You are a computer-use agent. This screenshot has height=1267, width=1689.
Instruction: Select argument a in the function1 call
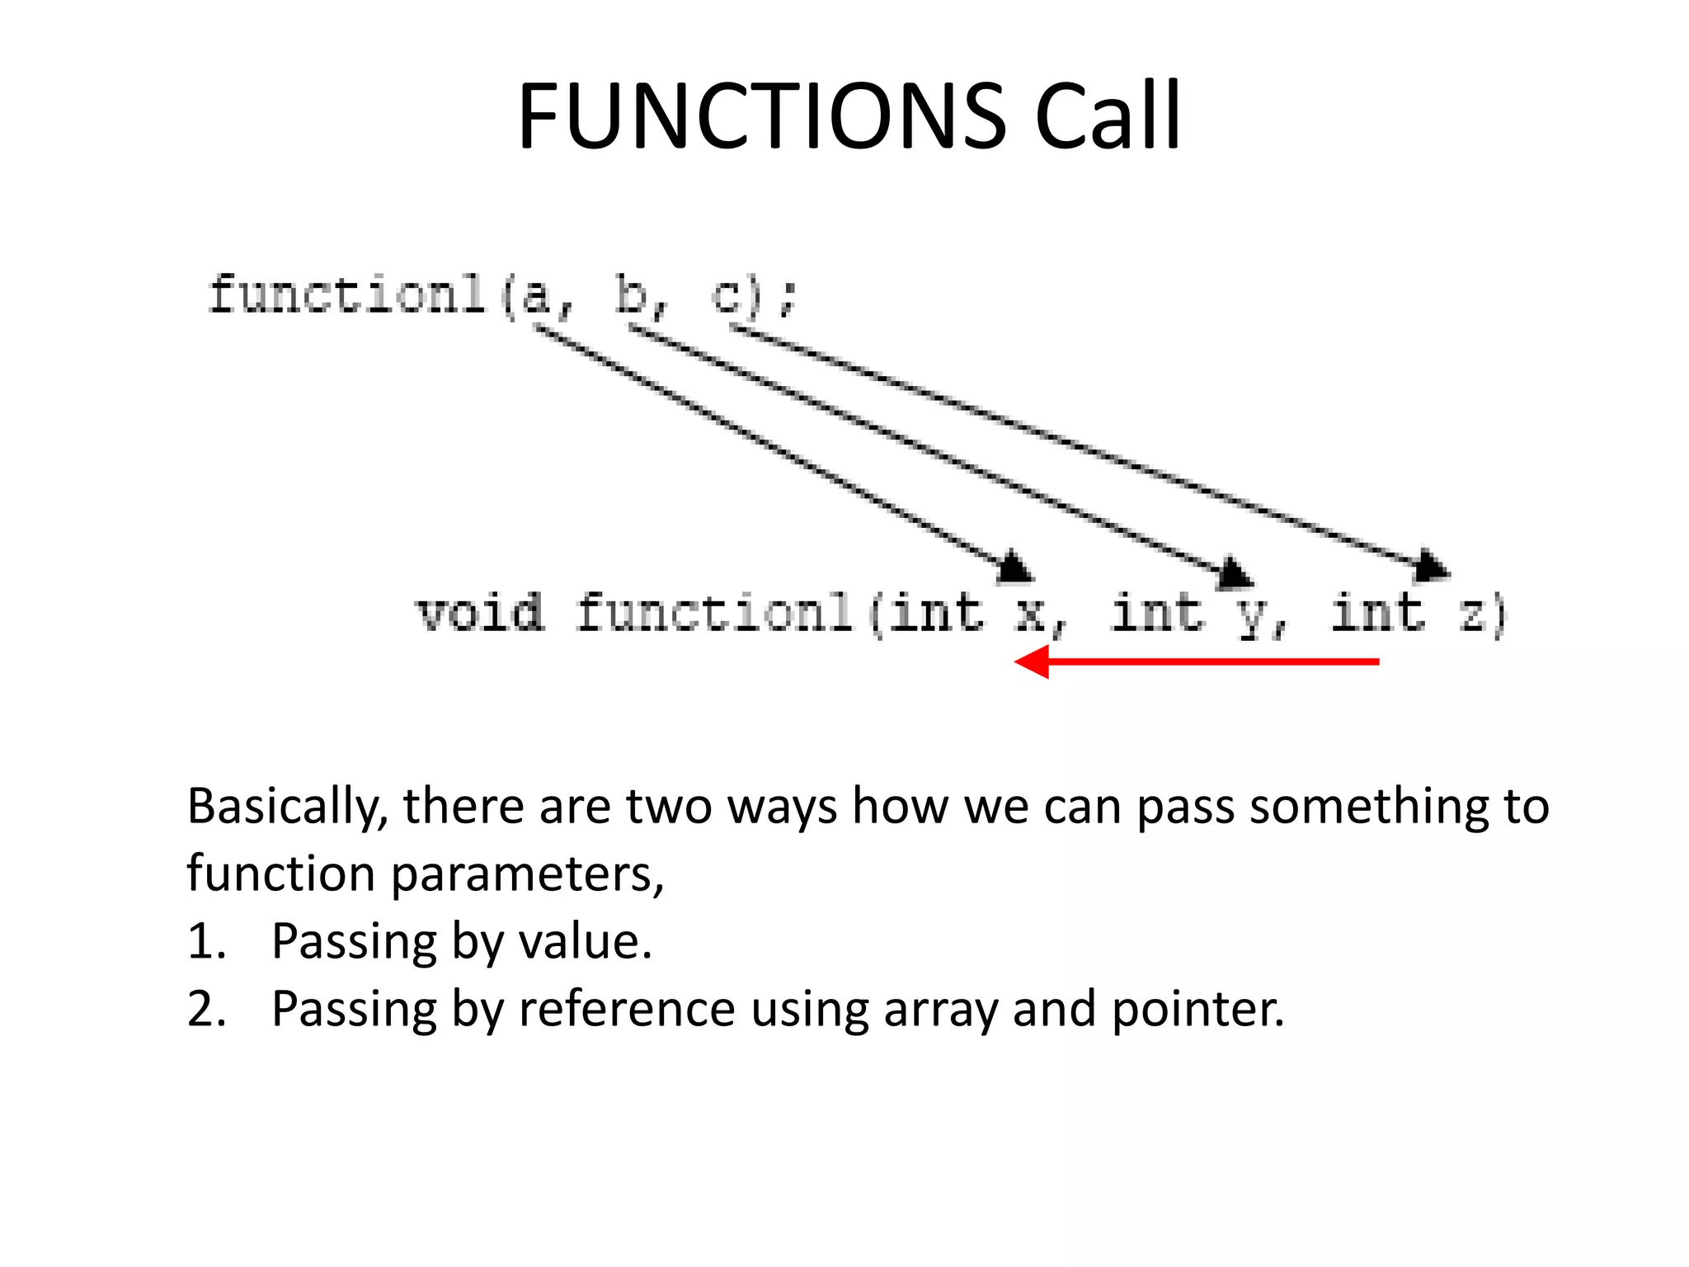click(536, 295)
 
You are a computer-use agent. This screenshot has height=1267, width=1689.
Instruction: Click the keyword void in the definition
click(480, 613)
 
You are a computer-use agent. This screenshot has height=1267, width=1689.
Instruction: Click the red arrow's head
click(1031, 662)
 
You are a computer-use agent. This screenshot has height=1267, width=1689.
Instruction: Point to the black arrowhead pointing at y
click(1235, 572)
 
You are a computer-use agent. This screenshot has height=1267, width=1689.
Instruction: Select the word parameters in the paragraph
click(528, 874)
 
